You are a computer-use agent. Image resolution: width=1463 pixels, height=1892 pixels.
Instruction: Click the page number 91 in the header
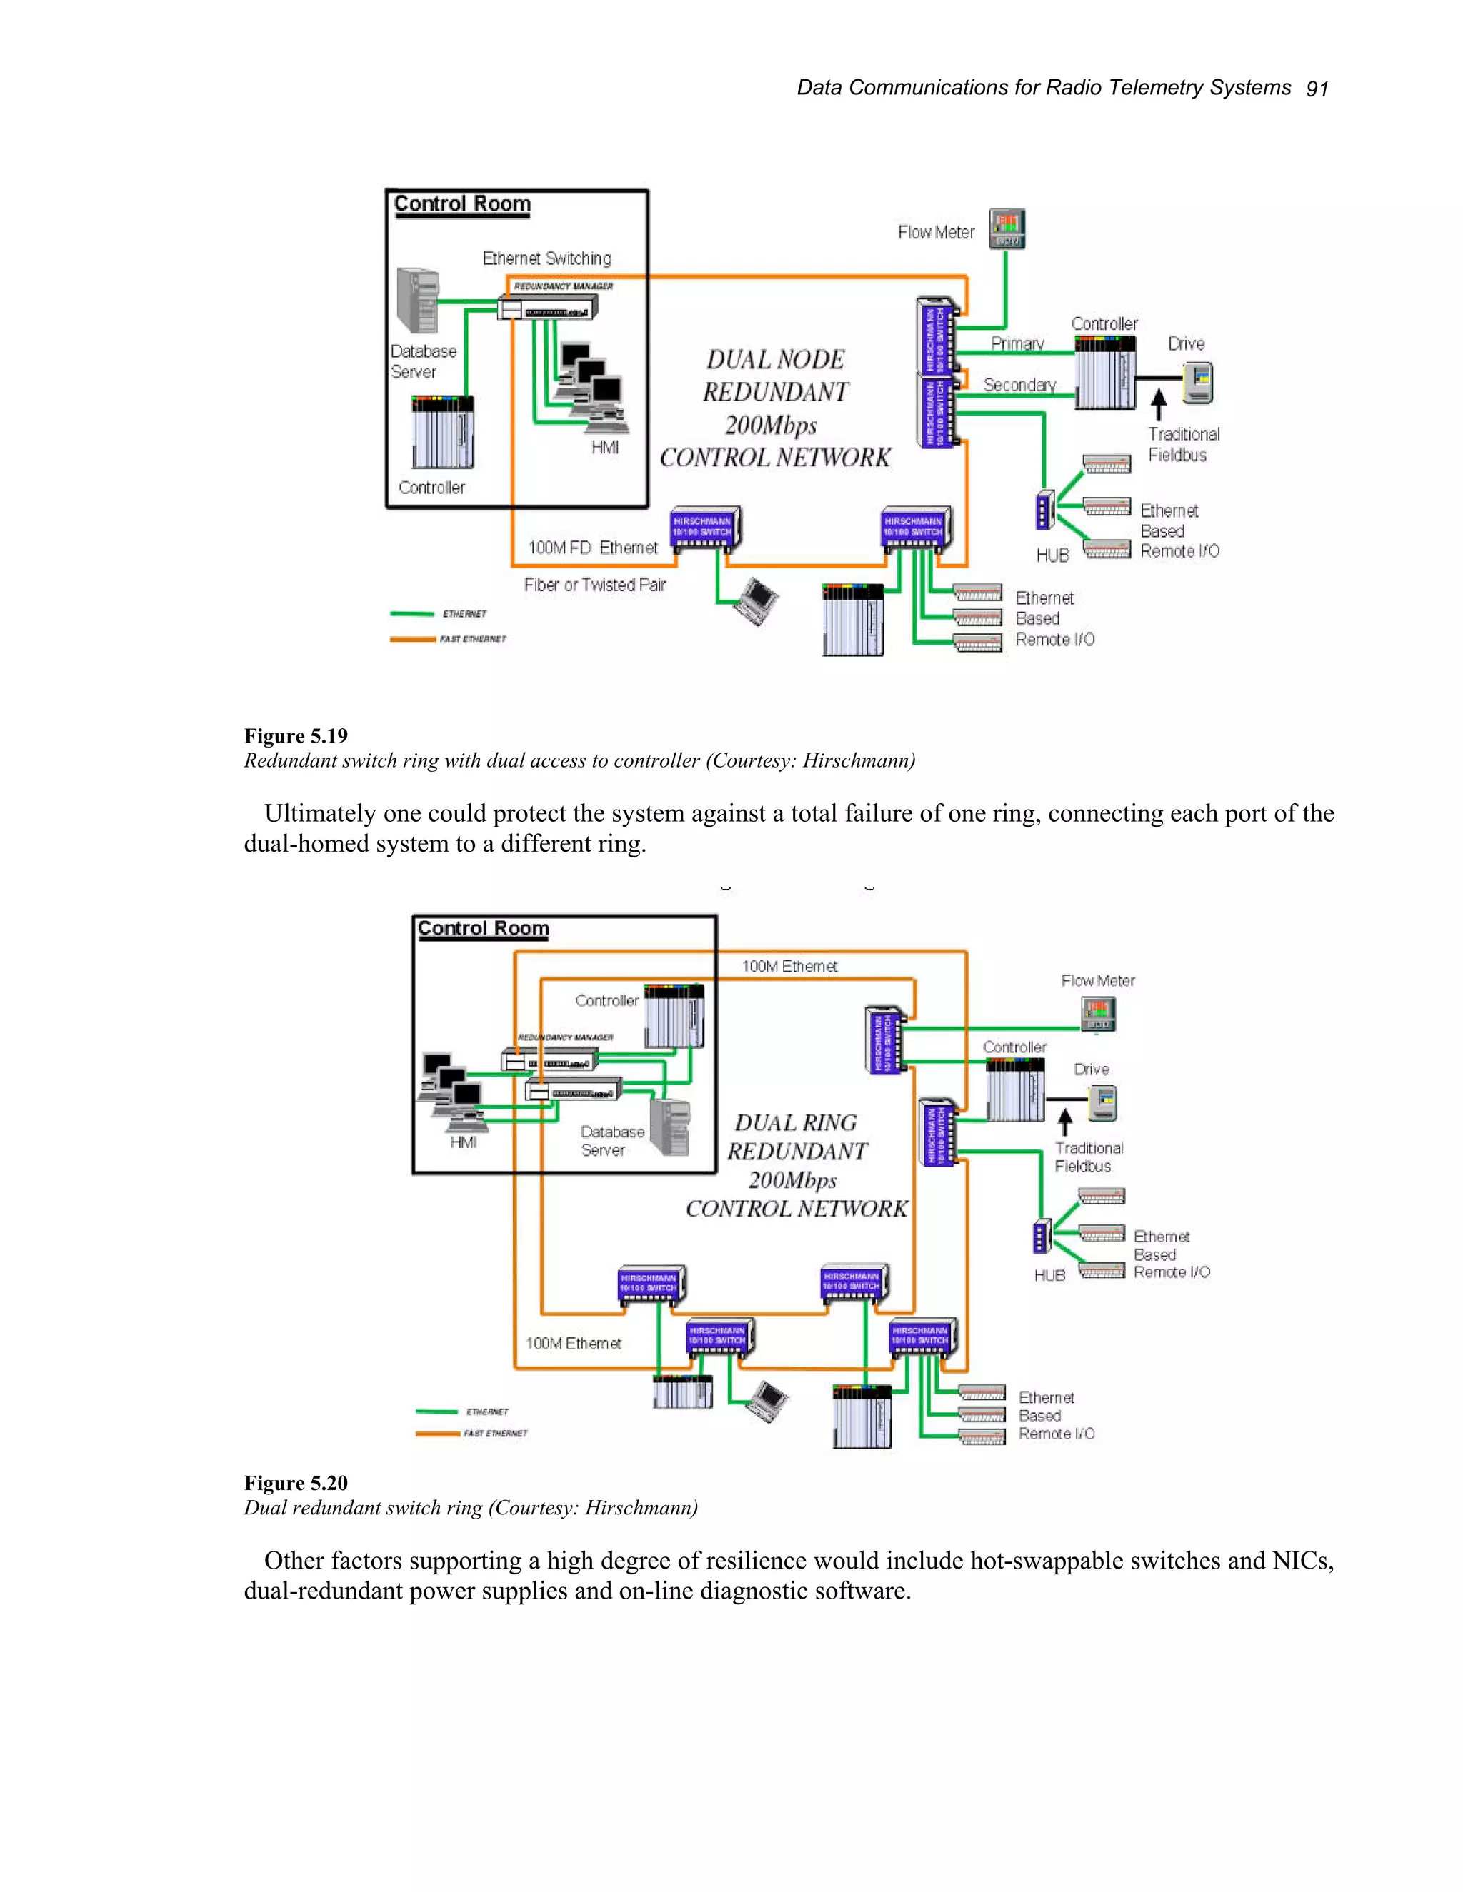(1316, 89)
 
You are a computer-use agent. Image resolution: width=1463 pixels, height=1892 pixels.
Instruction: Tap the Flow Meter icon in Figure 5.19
(1007, 228)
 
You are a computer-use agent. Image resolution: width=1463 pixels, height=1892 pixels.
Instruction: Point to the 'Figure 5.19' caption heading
(296, 736)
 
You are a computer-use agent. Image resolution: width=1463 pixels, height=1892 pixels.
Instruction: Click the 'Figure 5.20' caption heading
(296, 1483)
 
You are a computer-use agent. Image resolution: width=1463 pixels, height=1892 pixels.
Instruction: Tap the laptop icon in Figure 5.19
(756, 600)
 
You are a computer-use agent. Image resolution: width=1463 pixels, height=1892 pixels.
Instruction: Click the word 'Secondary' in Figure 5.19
(1019, 385)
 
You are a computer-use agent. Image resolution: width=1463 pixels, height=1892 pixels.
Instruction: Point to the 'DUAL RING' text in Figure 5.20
(795, 1123)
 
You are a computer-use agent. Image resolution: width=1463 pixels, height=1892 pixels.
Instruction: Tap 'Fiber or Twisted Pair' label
(594, 585)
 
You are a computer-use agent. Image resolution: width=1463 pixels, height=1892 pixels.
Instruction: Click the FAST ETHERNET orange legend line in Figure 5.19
(413, 639)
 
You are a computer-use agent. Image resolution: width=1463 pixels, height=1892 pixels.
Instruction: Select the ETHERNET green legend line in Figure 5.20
(436, 1412)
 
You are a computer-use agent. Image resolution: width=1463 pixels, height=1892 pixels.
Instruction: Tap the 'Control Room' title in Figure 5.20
(483, 929)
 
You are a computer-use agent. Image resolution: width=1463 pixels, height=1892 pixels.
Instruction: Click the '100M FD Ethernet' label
(593, 548)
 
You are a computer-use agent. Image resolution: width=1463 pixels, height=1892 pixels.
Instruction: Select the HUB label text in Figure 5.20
(1049, 1276)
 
